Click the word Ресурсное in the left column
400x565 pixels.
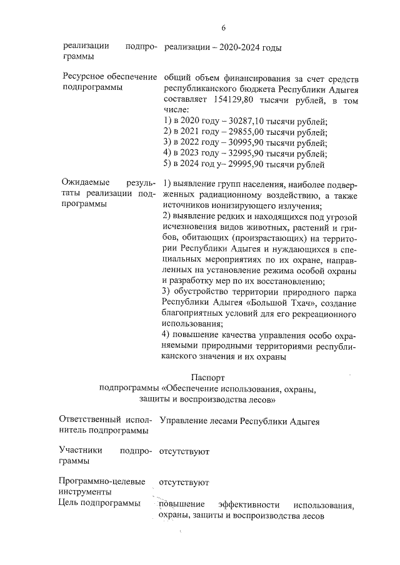pyautogui.click(x=84, y=77)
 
